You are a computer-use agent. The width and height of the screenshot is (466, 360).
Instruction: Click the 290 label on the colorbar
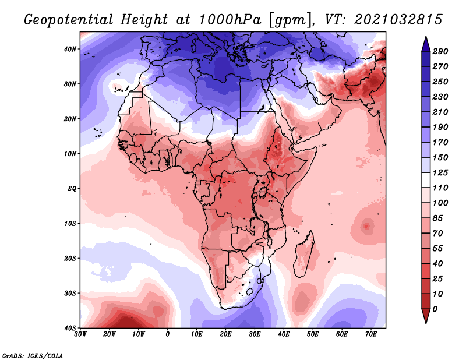pos(440,52)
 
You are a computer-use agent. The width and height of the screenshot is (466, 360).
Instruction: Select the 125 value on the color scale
pos(440,172)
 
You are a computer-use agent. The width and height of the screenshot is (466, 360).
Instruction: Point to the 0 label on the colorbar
pos(436,309)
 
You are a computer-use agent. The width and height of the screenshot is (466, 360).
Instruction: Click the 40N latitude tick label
pos(70,49)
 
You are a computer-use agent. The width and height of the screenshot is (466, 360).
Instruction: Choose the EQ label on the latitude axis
pos(72,189)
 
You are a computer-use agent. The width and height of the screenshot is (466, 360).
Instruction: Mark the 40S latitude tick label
pos(70,328)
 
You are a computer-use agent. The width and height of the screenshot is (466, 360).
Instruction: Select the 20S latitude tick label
pos(70,258)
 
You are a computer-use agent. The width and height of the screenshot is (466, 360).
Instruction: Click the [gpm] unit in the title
pos(288,19)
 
